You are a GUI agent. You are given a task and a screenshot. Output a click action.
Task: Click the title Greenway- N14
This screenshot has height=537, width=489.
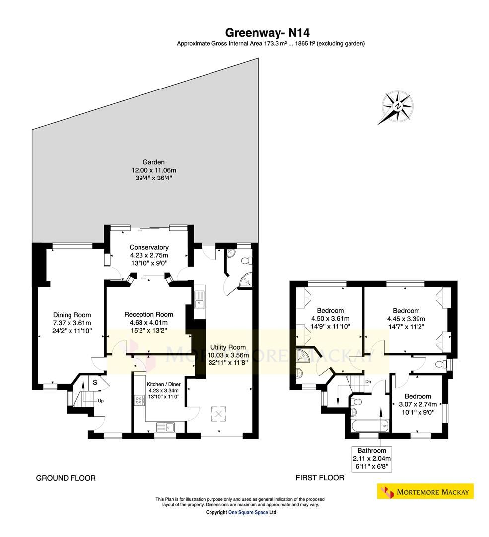click(x=268, y=33)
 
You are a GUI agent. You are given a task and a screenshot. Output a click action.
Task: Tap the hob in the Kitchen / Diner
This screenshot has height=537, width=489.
click(x=139, y=400)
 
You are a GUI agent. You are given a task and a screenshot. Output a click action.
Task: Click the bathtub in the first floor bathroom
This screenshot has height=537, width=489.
click(x=370, y=427)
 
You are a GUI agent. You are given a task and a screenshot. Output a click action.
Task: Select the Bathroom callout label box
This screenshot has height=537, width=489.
click(x=372, y=459)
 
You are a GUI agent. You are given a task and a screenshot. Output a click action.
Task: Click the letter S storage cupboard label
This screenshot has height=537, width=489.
click(x=95, y=382)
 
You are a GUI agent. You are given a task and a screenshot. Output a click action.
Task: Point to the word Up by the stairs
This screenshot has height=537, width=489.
click(x=101, y=401)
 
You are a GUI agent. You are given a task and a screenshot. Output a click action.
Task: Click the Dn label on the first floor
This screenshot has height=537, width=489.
click(x=368, y=381)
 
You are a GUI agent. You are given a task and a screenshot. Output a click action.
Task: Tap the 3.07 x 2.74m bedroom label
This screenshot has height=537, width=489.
click(x=418, y=404)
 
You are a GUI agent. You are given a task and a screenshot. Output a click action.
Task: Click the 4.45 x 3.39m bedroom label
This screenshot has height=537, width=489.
click(x=406, y=319)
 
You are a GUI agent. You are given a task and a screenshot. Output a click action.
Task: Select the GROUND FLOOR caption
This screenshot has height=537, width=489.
click(x=66, y=478)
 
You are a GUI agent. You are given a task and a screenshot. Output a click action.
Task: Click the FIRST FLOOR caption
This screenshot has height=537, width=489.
click(x=320, y=478)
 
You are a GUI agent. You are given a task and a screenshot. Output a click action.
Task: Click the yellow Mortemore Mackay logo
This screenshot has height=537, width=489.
click(x=425, y=491)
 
